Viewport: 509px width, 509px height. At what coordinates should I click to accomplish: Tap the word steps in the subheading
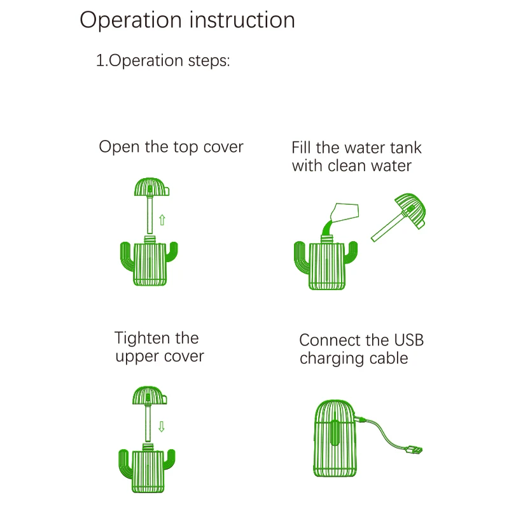[206, 62]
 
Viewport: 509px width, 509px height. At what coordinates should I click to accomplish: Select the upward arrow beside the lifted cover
[162, 220]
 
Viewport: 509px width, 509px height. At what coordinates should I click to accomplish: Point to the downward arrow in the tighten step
[162, 426]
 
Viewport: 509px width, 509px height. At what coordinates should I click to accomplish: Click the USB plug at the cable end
[414, 450]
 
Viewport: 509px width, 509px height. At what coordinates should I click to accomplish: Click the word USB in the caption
[405, 340]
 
